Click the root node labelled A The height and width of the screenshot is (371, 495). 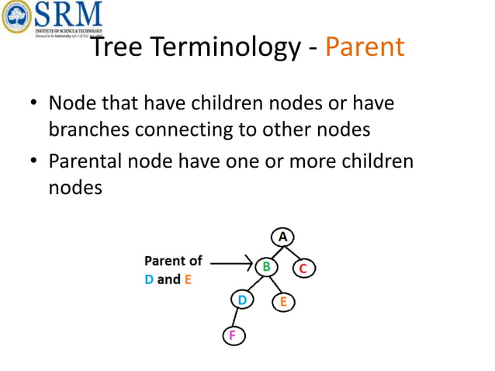(x=283, y=235)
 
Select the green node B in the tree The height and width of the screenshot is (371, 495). (x=265, y=266)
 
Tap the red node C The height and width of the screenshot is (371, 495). (x=303, y=269)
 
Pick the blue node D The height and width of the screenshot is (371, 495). (x=242, y=300)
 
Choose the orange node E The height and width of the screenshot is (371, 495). (x=282, y=302)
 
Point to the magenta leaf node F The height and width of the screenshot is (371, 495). (x=231, y=335)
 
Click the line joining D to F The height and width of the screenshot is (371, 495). (x=236, y=317)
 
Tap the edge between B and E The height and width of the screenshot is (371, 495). (x=275, y=285)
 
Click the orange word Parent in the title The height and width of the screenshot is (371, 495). (x=365, y=47)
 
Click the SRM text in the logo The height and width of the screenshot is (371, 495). (x=68, y=13)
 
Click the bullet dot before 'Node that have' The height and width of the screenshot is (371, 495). (x=33, y=105)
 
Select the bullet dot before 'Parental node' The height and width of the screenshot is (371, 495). (x=33, y=164)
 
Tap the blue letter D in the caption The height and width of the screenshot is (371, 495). (x=149, y=279)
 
